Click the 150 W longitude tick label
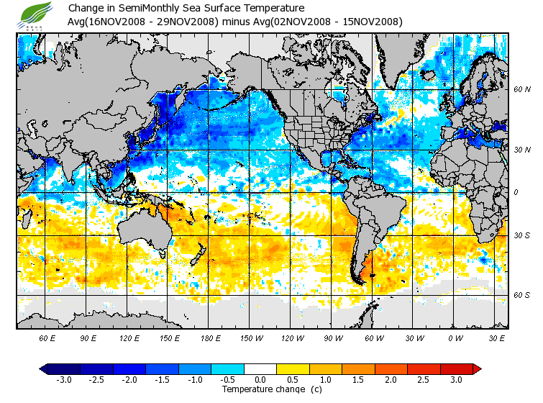click(x=251, y=338)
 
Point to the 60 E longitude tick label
click(x=47, y=338)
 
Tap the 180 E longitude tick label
click(x=210, y=338)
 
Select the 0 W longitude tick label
click(x=455, y=338)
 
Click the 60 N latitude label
click(x=521, y=90)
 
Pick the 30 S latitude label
click(x=521, y=236)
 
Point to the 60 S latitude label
click(x=521, y=295)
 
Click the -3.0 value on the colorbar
click(x=64, y=379)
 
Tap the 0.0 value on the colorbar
click(x=260, y=379)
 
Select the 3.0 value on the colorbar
click(x=457, y=379)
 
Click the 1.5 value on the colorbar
click(x=358, y=379)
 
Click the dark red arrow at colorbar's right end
click(x=477, y=369)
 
